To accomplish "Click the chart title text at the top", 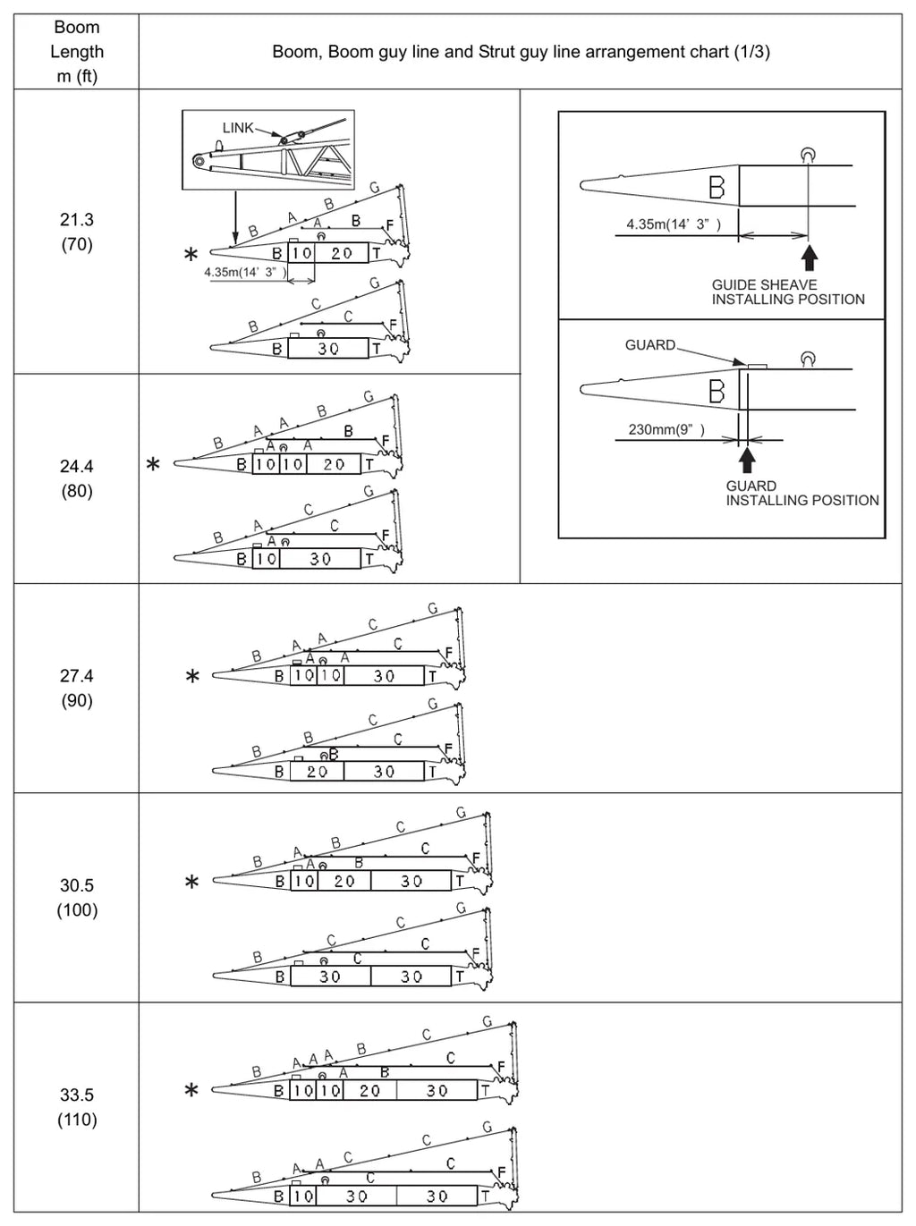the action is pos(521,52).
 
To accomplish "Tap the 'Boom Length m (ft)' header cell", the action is pos(77,51).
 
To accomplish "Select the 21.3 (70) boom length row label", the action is pos(77,232).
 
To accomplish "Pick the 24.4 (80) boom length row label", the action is pos(77,478).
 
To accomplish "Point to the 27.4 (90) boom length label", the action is pos(77,689).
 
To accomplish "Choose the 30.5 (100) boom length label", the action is pos(77,898).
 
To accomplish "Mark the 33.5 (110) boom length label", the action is pos(77,1107).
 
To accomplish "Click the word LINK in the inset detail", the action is pos(238,128).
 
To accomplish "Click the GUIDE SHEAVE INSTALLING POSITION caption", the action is pos(788,292).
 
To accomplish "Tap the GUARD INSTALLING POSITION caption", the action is pos(802,494).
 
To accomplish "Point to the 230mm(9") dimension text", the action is pos(666,429).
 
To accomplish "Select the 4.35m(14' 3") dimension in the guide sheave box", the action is pos(674,224).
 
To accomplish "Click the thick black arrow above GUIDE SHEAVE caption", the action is pos(810,258).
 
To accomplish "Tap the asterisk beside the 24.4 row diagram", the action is pos(152,463).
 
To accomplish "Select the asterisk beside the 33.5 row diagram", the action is pos(191,1090).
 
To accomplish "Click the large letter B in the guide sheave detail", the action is pos(717,187).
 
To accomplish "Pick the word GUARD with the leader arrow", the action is pos(650,345).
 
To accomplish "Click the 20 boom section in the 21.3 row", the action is pos(342,253).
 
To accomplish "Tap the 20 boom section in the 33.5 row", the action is pos(369,1090).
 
